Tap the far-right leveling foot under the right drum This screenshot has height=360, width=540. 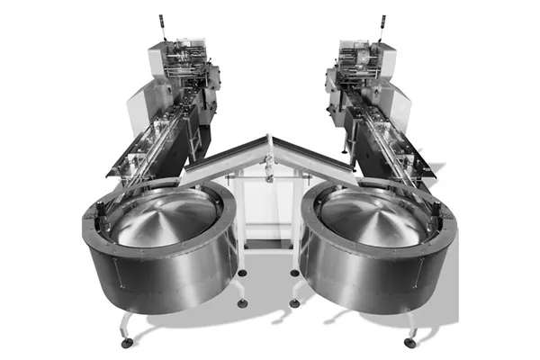[x=410, y=342]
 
